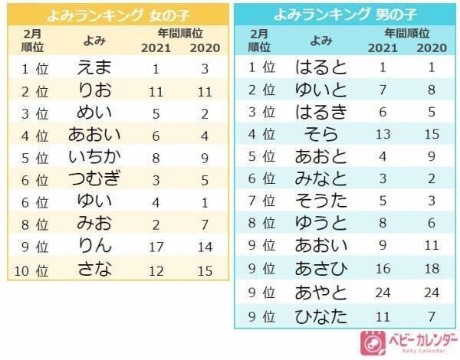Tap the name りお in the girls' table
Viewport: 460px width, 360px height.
(x=95, y=92)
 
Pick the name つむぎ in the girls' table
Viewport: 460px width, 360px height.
(x=95, y=181)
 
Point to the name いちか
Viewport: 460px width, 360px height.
(x=95, y=159)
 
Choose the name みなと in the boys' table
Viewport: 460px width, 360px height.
(x=320, y=180)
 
